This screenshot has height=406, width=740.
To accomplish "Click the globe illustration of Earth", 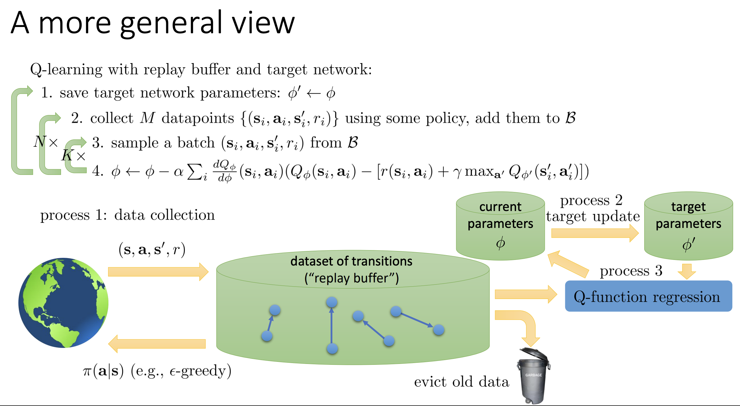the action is click(63, 303).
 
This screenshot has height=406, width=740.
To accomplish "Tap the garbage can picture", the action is click(534, 375).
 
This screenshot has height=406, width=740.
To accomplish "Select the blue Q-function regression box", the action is click(648, 296).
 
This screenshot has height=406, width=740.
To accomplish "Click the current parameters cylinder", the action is click(500, 226).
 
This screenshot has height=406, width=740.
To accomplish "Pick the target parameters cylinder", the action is click(688, 226).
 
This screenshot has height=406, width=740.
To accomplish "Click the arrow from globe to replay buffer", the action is click(158, 272).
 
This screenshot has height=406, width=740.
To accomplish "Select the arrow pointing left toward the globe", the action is click(157, 344).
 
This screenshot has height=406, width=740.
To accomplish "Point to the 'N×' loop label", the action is click(46, 142).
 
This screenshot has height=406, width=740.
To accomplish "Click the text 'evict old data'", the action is click(462, 382).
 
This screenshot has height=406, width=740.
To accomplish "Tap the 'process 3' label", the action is click(631, 271).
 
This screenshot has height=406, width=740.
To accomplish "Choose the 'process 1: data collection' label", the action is click(127, 215).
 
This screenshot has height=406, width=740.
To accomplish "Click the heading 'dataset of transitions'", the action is click(351, 261).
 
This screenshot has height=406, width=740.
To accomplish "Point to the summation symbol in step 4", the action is click(195, 172).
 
